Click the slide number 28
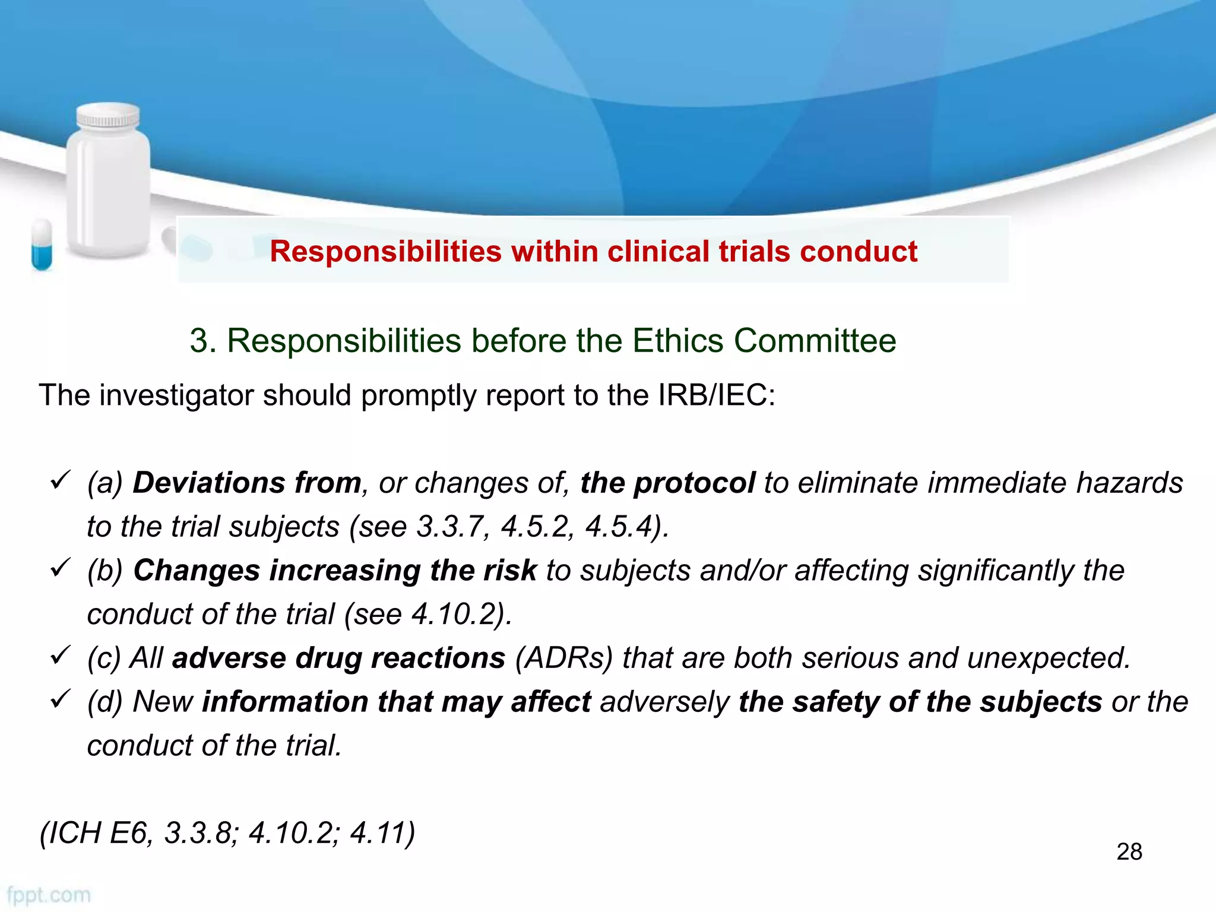[1129, 851]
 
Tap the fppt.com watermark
[49, 895]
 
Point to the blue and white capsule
[42, 244]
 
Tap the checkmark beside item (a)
[61, 479]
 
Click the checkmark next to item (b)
[61, 567]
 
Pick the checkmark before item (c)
[61, 655]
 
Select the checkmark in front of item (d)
[61, 698]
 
